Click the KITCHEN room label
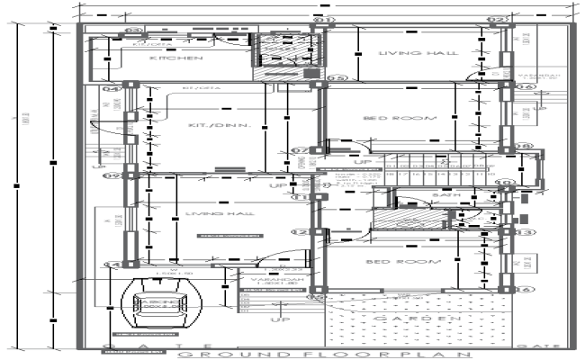176,58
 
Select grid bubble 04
111,89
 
